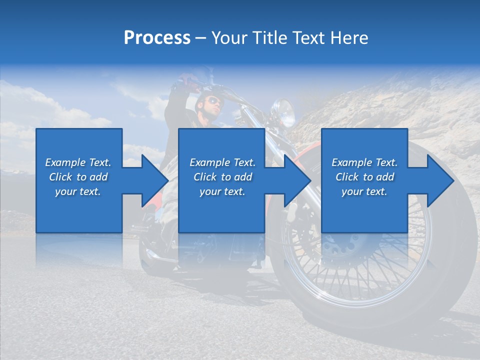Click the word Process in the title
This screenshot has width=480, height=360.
[157, 38]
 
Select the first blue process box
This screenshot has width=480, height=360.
[79, 180]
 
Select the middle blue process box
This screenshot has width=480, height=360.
[221, 180]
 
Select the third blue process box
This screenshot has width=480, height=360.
[364, 180]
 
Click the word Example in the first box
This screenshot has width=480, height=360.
[65, 162]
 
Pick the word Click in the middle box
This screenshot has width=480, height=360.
[205, 177]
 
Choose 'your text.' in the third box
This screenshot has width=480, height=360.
[364, 191]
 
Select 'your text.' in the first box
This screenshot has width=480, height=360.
[78, 191]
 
